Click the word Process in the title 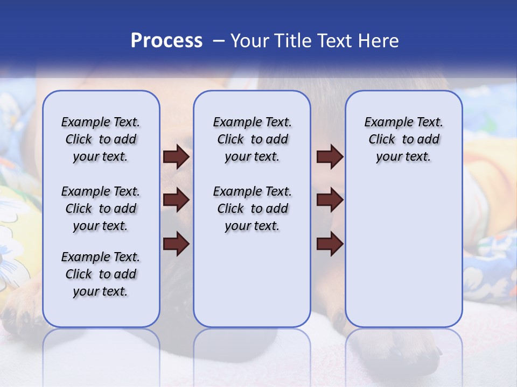[x=166, y=41]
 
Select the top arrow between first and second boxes [x=176, y=156]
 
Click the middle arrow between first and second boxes [x=176, y=200]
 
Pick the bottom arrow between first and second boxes [x=176, y=244]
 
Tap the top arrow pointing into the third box [x=330, y=156]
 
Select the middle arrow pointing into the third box [x=330, y=200]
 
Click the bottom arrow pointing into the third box [x=330, y=244]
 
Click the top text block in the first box [x=101, y=139]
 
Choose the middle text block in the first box [x=101, y=209]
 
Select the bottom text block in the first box [x=101, y=274]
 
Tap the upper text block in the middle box [x=252, y=139]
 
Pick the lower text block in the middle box [x=252, y=209]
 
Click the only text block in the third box [x=403, y=139]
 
